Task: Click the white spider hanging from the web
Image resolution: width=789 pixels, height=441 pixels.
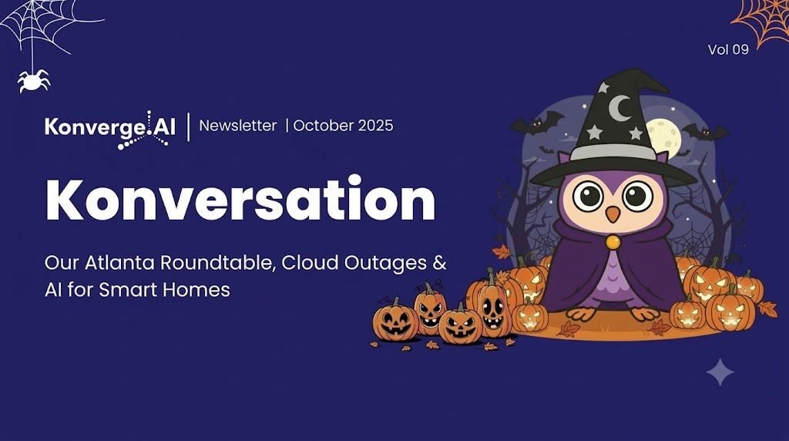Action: [x=34, y=80]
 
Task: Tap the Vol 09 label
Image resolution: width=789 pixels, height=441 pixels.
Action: [x=728, y=49]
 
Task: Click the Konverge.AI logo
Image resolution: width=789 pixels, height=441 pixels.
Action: [x=109, y=130]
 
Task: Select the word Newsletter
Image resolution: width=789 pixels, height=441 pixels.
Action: [x=238, y=126]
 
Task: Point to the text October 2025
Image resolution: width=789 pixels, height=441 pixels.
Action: [x=343, y=126]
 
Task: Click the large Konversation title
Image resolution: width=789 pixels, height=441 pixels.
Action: [x=240, y=198]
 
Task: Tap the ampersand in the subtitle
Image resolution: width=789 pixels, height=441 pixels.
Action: [x=439, y=263]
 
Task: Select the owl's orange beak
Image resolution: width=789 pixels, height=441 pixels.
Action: [x=613, y=214]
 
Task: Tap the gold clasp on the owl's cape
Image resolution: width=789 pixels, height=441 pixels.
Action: [x=613, y=243]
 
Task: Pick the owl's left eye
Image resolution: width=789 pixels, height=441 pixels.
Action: [x=588, y=195]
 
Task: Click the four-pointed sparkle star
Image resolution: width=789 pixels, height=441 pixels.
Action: [x=720, y=372]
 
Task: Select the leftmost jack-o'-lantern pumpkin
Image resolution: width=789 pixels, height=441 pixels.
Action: [x=395, y=321]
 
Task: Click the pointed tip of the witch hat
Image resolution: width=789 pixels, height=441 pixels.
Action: [x=635, y=70]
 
